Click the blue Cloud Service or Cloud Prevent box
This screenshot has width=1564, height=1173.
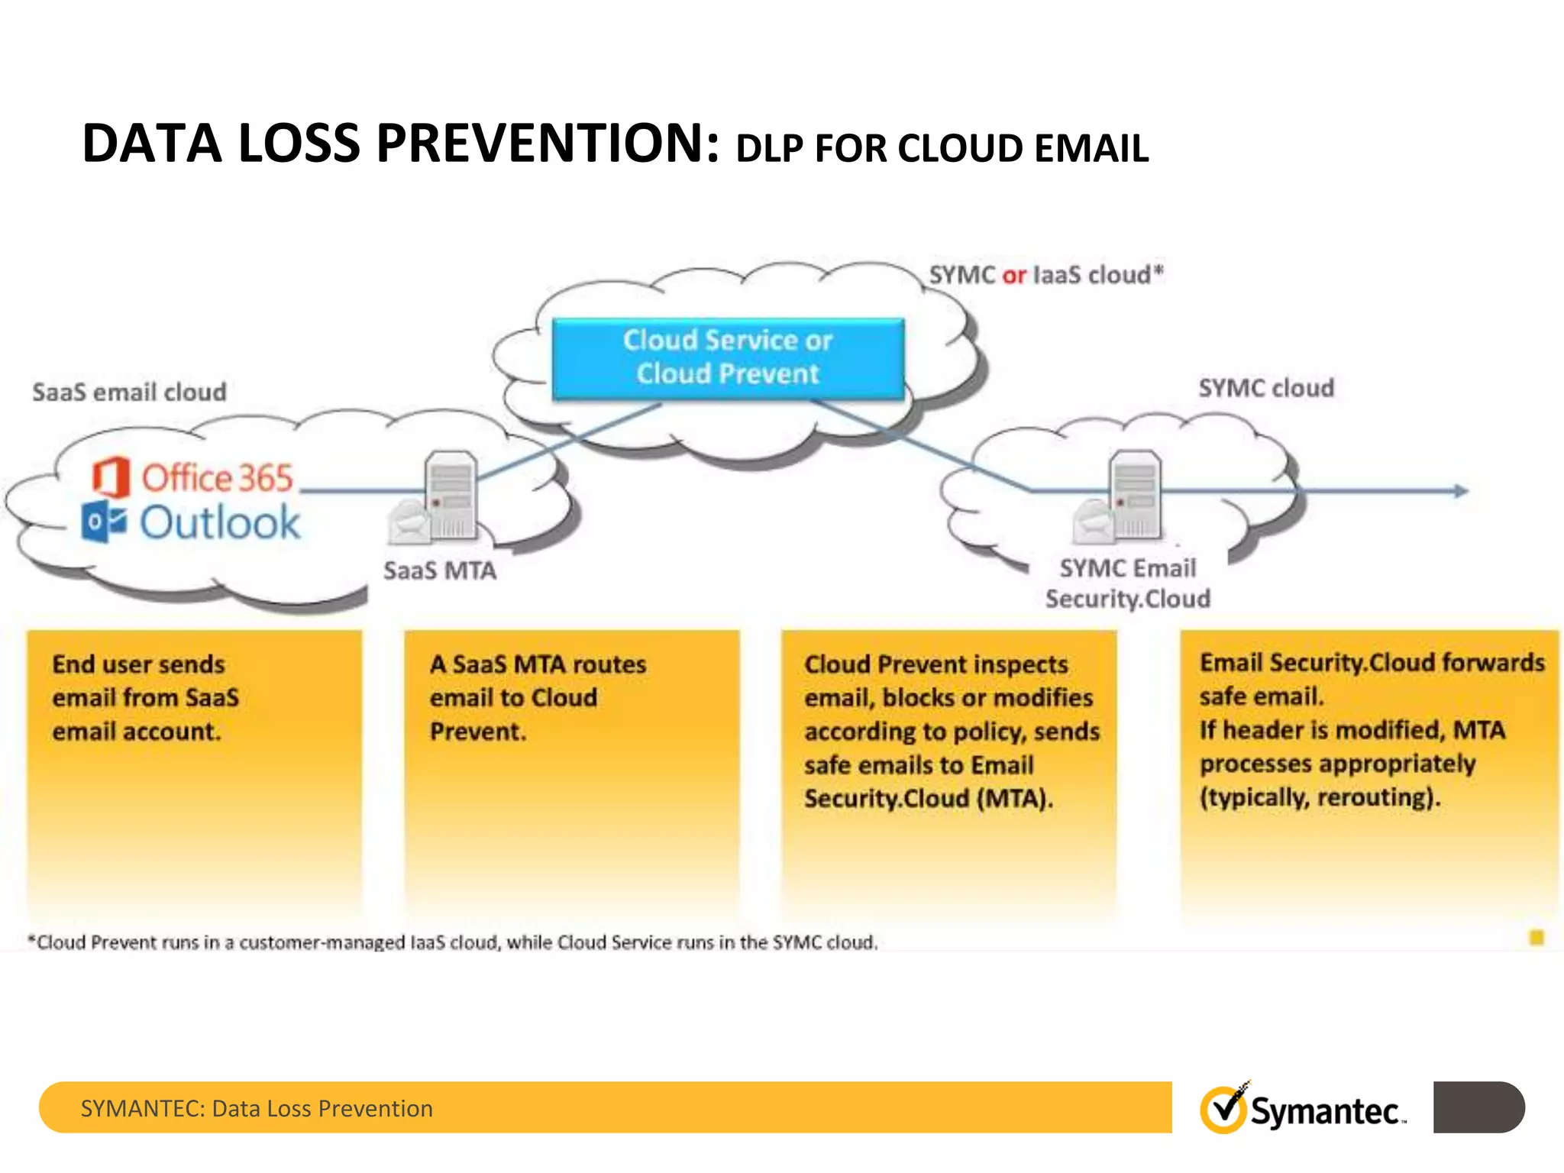[728, 358]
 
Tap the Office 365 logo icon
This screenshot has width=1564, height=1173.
[111, 477]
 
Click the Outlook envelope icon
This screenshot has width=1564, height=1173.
[104, 522]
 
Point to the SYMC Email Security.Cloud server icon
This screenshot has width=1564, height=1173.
[1133, 496]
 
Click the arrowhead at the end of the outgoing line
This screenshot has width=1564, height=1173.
[1459, 491]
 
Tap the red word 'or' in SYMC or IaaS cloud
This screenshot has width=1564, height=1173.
[1013, 276]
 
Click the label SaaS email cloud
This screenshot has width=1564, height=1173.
[129, 393]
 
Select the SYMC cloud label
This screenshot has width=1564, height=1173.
[1265, 388]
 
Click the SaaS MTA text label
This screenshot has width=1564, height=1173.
[439, 570]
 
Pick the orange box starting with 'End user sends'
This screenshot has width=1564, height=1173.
[194, 771]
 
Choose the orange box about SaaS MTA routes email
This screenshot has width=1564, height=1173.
[571, 771]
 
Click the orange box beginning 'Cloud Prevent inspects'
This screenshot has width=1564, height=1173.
[948, 771]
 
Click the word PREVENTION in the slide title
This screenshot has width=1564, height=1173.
[547, 144]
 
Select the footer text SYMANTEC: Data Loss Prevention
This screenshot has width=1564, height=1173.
[257, 1108]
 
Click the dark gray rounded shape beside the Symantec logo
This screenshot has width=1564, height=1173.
[1478, 1107]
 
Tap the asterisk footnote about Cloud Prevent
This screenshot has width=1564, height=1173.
[452, 942]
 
